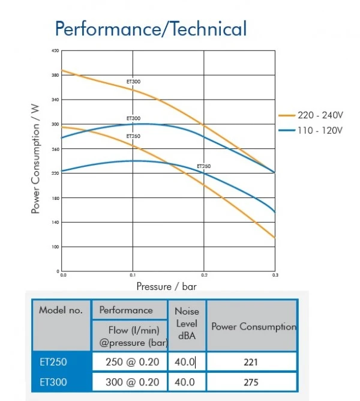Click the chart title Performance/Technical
pos(150,28)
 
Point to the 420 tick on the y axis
pos(55,50)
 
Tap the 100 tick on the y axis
pos(55,247)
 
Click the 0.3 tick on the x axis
pos(275,275)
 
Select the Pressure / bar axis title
pos(166,286)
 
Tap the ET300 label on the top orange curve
pos(133,82)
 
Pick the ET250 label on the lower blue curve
pos(204,166)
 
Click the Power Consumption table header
pos(253,327)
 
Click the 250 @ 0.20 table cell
pos(130,363)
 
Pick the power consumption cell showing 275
pos(252,382)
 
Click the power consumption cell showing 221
pos(252,363)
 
